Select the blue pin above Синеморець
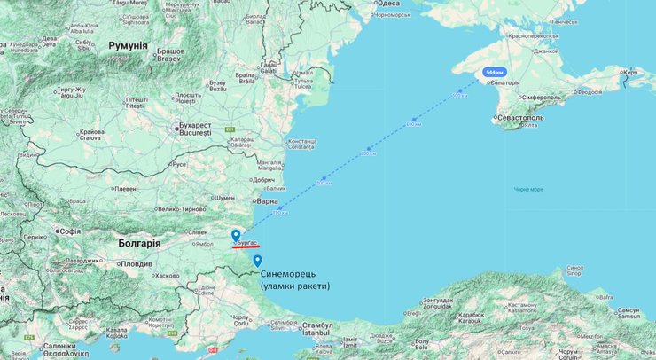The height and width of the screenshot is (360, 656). point(257,261)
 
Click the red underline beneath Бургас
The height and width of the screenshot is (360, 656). point(246,247)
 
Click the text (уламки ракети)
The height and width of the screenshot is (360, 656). point(295,286)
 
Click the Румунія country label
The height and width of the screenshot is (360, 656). point(129,44)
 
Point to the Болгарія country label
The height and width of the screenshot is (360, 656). point(138,243)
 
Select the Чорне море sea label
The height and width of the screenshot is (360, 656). point(528,189)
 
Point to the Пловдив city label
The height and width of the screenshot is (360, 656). point(137,263)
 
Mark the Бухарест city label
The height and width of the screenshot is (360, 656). point(195,125)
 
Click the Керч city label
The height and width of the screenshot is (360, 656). point(631,73)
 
